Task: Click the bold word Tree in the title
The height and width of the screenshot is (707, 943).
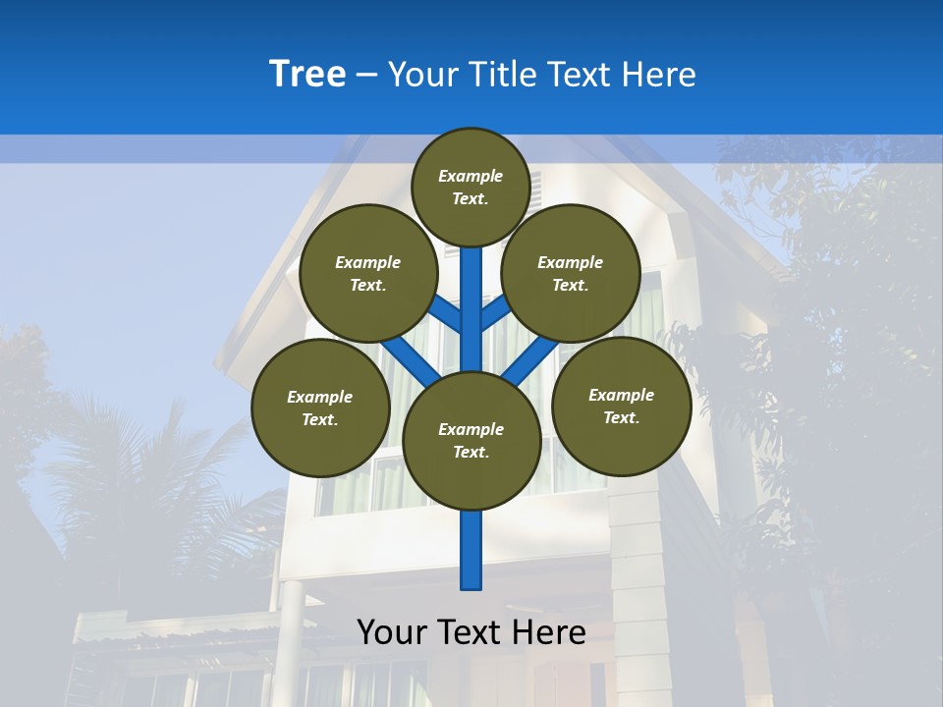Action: pyautogui.click(x=307, y=74)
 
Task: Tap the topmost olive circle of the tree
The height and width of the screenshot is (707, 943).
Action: pyautogui.click(x=471, y=187)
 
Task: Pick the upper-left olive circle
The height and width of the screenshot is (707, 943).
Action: pyautogui.click(x=368, y=274)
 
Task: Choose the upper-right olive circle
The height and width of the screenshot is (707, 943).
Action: pyautogui.click(x=571, y=274)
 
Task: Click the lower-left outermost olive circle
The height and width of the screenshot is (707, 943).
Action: pyautogui.click(x=320, y=408)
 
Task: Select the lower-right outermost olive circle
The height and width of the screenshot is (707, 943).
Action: pyautogui.click(x=621, y=406)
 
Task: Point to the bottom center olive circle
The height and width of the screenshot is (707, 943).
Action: pyautogui.click(x=471, y=441)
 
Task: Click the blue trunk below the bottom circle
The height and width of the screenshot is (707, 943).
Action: pyautogui.click(x=471, y=550)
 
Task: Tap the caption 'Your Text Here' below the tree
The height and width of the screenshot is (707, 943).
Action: pyautogui.click(x=471, y=632)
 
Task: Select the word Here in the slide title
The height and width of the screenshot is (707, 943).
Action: pyautogui.click(x=659, y=75)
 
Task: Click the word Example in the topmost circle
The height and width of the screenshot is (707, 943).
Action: pyautogui.click(x=471, y=176)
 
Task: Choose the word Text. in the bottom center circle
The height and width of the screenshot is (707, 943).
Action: pyautogui.click(x=471, y=453)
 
